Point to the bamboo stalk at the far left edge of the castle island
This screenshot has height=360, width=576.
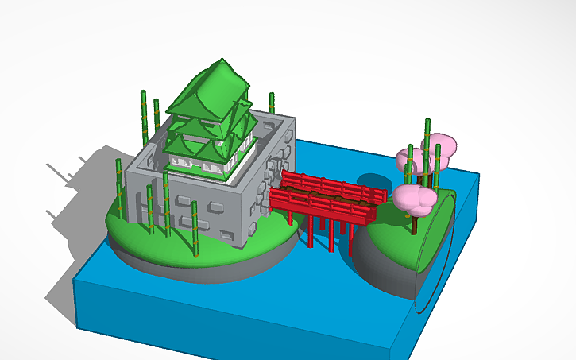click(x=119, y=187)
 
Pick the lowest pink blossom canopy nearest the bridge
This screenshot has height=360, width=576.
click(x=415, y=199)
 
